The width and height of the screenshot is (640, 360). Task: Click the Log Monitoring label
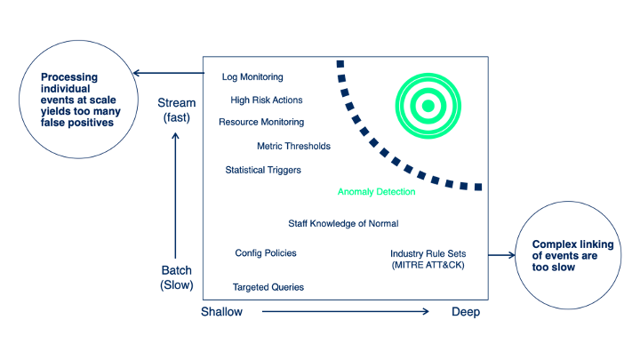coord(252,77)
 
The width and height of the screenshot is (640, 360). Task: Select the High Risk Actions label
coord(267,100)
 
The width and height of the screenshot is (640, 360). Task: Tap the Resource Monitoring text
coord(261,122)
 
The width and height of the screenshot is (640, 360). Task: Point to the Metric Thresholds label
coord(293,146)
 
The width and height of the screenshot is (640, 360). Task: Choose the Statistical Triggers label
coord(263,169)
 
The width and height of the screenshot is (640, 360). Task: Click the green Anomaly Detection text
coord(376,191)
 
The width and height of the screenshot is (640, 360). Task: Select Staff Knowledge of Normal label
coord(343,223)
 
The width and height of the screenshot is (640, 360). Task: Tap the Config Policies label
coord(266,253)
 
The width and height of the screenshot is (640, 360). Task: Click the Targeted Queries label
coord(268,287)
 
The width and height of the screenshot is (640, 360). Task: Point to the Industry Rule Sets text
coord(428,253)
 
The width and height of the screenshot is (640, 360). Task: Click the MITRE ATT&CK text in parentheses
coord(428,265)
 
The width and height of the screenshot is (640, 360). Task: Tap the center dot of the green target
coord(428,106)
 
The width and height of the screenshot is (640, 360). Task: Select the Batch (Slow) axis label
coord(176,277)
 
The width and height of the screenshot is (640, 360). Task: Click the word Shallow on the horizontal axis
coord(223,312)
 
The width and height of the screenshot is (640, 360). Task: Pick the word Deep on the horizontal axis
coord(466,312)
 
